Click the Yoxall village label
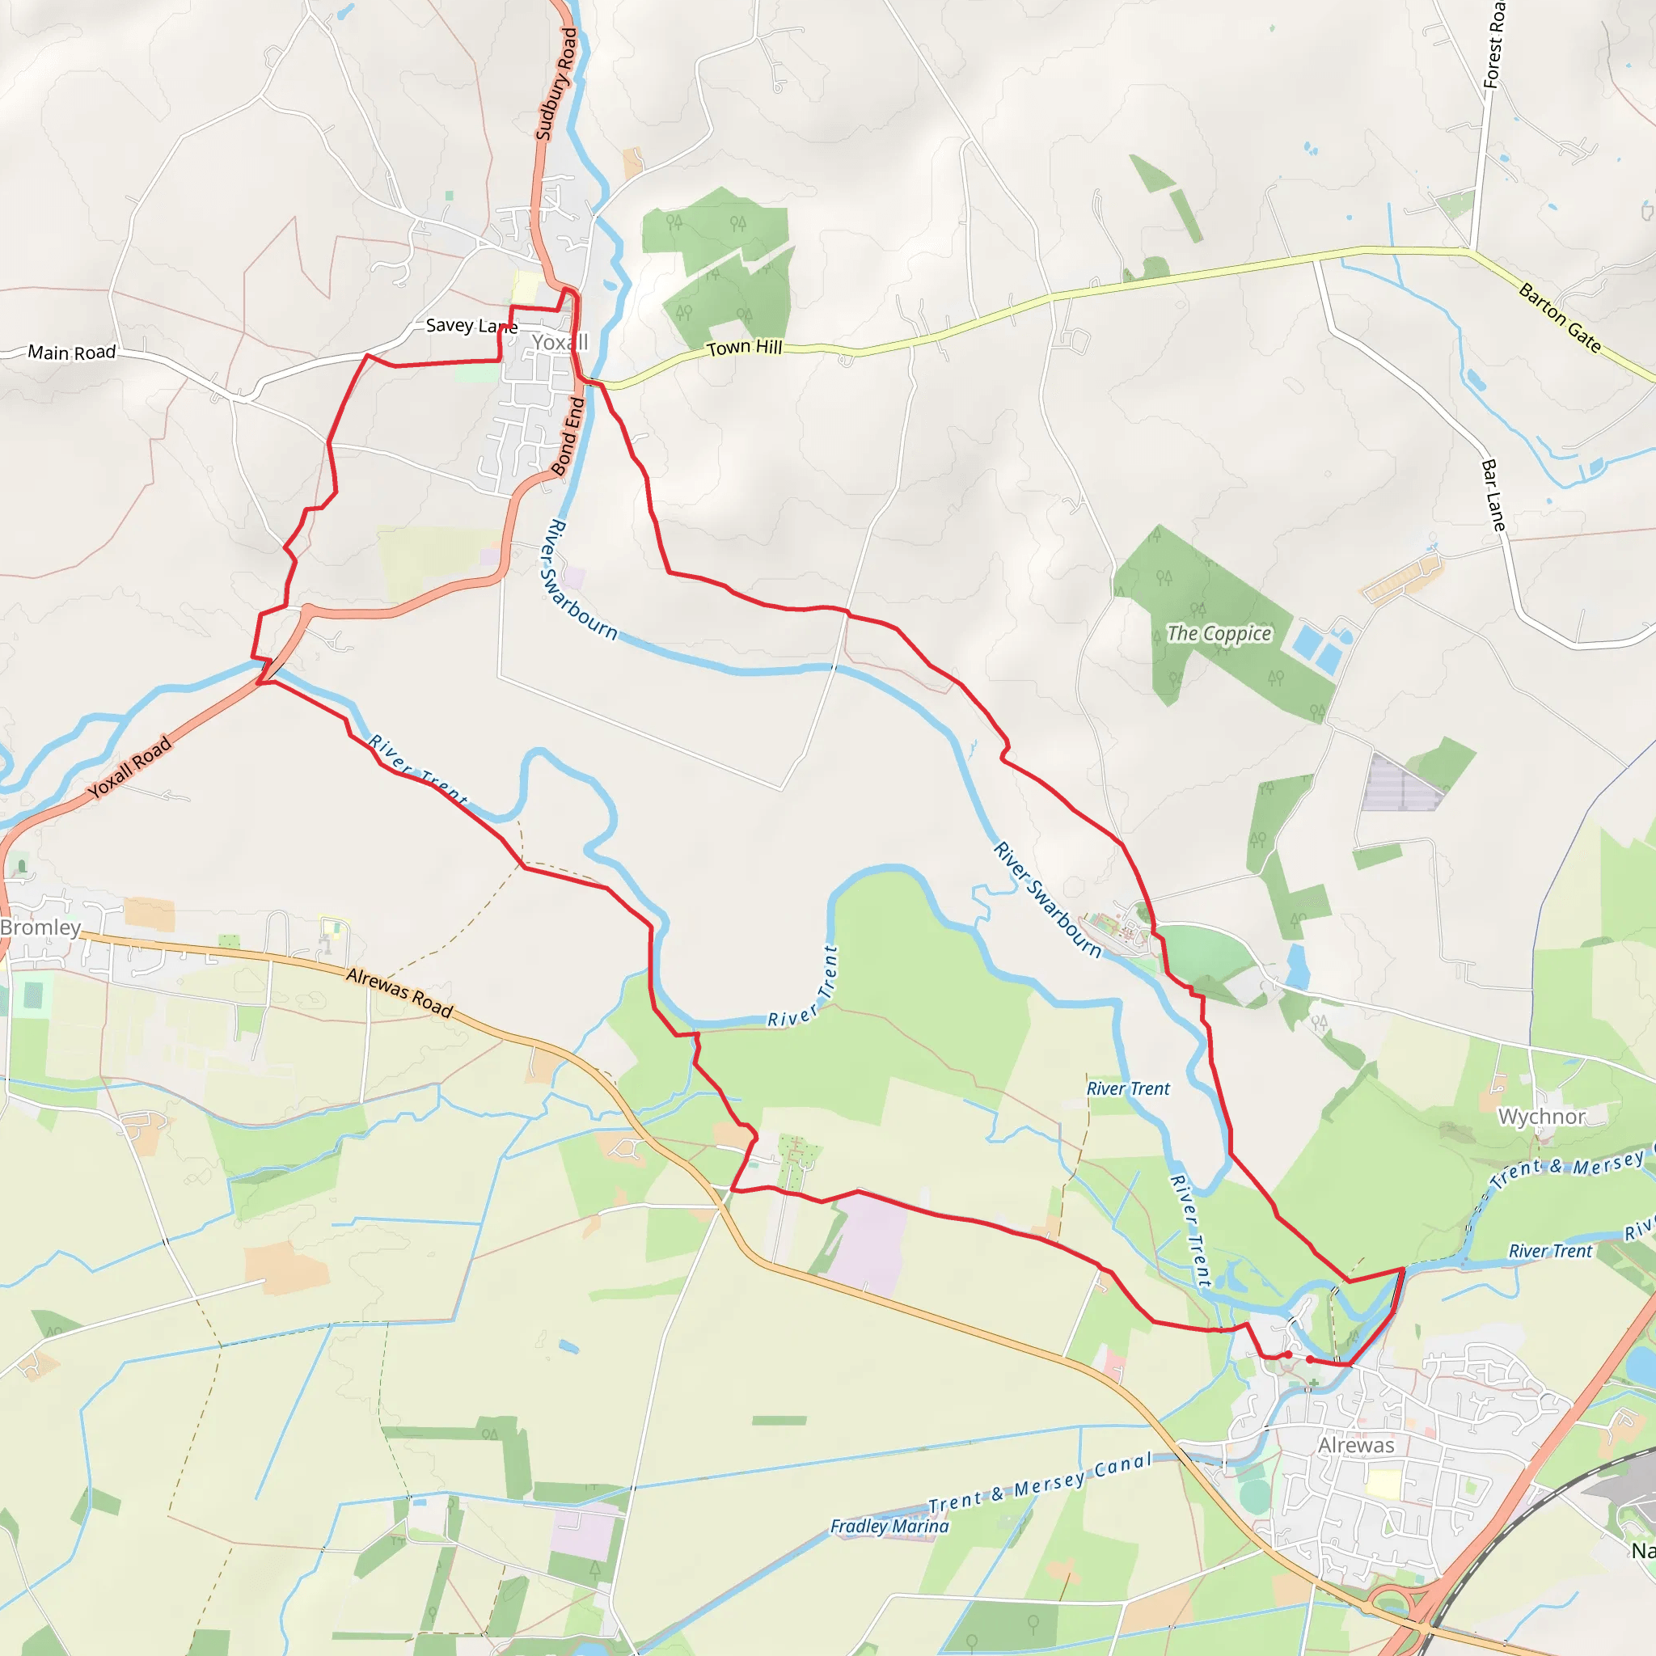[560, 343]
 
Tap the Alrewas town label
[1356, 1445]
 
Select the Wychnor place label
[1541, 1117]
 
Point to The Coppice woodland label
[1219, 633]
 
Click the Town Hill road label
[744, 347]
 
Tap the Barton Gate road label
[1560, 317]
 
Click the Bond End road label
[568, 437]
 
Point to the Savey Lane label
[471, 326]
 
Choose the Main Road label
[72, 353]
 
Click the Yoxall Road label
[129, 767]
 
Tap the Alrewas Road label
[399, 991]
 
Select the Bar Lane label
[1493, 495]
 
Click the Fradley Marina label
[889, 1526]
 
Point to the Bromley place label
[40, 927]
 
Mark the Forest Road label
[1494, 44]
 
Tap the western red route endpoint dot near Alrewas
[1288, 1354]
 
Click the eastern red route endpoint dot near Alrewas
[1310, 1359]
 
